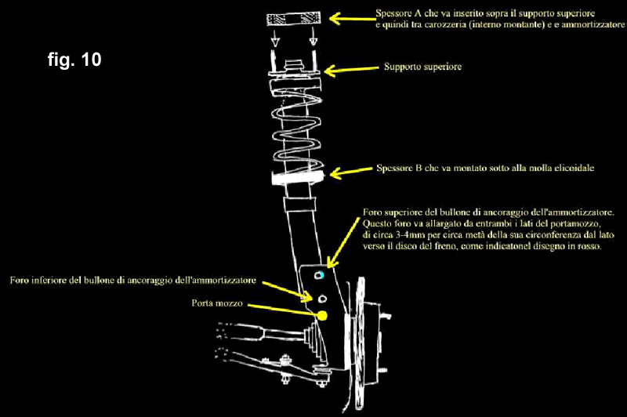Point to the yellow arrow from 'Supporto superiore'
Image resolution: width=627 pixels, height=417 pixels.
[x=348, y=70]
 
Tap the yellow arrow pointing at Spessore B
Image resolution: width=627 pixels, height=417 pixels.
[x=348, y=172]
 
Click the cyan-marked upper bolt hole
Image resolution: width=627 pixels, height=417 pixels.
[x=319, y=277]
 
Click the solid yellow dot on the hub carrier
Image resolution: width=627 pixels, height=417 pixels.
[x=322, y=315]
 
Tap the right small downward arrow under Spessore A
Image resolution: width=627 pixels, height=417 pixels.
[x=312, y=40]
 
